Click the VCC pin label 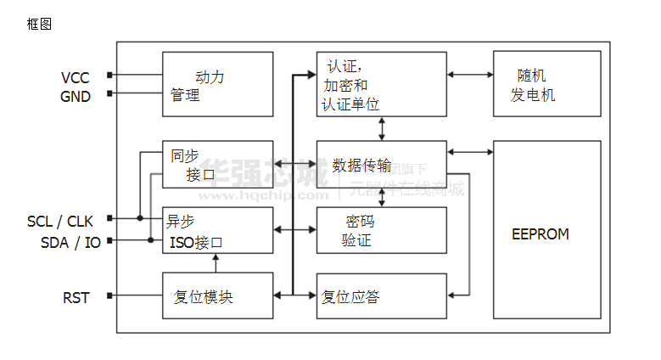point(75,78)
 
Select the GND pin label point(75,96)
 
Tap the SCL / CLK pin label point(60,222)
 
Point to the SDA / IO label point(70,242)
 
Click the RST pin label point(76,297)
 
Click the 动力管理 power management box point(217,85)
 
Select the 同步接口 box point(217,165)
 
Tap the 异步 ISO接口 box point(217,230)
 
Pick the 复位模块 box point(217,295)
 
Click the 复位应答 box point(381,295)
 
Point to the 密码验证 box point(381,230)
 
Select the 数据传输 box point(381,165)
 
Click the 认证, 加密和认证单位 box point(381,84)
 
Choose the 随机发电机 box point(546,84)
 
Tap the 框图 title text point(39,24)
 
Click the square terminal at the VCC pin point(109,76)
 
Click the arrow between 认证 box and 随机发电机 point(470,75)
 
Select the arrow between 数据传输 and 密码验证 point(382,197)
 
